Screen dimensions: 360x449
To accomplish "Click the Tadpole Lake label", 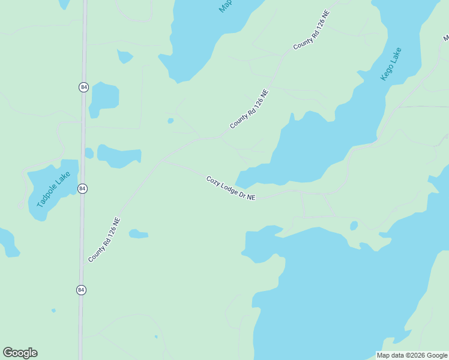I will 53,190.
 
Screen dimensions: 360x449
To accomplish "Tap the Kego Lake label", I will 391,64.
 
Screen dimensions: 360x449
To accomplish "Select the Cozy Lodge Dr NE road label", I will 231,188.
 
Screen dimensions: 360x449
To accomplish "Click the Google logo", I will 20,353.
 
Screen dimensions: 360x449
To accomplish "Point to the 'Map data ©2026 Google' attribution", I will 412,355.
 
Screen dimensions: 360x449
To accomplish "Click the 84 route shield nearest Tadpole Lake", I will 82,188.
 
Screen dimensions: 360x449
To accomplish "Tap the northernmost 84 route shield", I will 83,87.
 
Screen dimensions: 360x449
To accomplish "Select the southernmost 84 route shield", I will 81,290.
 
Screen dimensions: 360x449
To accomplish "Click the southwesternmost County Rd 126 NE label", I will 104,239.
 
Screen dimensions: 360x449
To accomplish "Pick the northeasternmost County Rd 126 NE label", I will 312,29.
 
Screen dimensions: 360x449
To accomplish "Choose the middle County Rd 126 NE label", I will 249,109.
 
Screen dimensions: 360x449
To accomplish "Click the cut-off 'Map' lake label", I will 225,6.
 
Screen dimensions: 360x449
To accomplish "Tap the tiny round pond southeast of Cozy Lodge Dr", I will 354,226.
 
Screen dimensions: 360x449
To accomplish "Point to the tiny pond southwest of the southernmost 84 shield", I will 53,310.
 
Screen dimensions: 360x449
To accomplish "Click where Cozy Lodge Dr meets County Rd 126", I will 163,161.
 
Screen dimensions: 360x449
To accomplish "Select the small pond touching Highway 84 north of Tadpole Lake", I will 89,153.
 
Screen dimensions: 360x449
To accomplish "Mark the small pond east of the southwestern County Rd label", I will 138,233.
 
